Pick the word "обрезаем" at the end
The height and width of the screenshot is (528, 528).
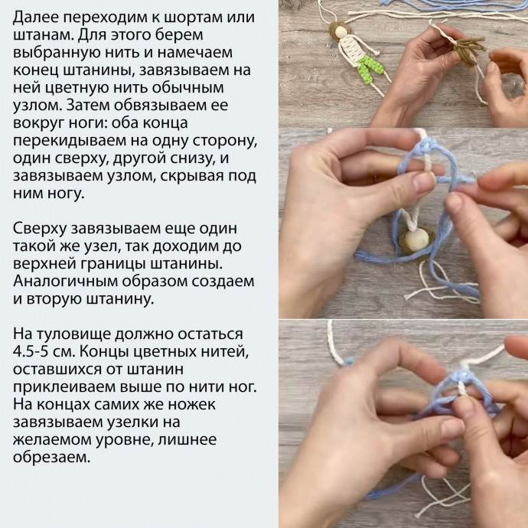(51, 458)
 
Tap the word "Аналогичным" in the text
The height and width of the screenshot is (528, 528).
(66, 281)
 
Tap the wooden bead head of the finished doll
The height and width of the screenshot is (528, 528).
(340, 33)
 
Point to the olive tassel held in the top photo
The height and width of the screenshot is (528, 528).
(468, 50)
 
